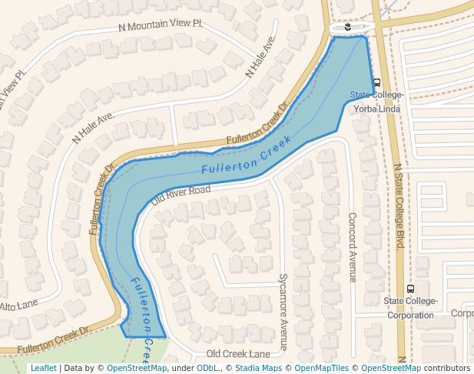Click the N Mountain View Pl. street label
pyautogui.click(x=161, y=25)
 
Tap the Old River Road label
pyautogui.click(x=181, y=194)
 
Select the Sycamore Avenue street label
pyautogui.click(x=282, y=312)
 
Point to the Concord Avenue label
pyautogui.click(x=352, y=247)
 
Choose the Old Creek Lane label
pyautogui.click(x=238, y=353)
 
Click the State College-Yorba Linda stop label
pyautogui.click(x=376, y=102)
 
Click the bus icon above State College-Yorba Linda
pyautogui.click(x=376, y=82)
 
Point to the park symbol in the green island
pyautogui.click(x=350, y=27)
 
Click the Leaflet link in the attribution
pyautogui.click(x=43, y=368)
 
